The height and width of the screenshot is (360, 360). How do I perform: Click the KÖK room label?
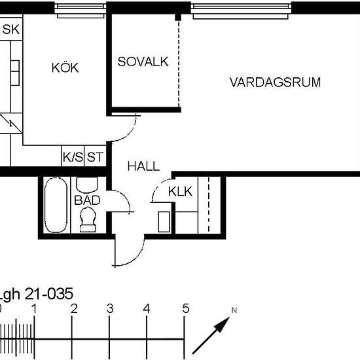pyautogui.click(x=65, y=67)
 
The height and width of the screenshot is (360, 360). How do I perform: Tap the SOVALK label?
pyautogui.click(x=143, y=62)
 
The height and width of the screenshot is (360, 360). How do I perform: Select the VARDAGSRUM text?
pyautogui.click(x=275, y=82)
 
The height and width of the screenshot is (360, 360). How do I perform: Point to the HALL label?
pyautogui.click(x=143, y=167)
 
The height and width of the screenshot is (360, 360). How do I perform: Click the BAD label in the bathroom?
pyautogui.click(x=87, y=200)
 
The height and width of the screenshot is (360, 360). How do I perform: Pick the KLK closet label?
pyautogui.click(x=180, y=192)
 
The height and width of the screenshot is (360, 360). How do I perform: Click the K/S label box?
pyautogui.click(x=73, y=157)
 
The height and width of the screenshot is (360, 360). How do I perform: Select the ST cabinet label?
pyautogui.click(x=96, y=157)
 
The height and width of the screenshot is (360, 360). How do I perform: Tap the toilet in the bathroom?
pyautogui.click(x=87, y=222)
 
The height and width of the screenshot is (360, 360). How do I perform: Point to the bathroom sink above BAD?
pyautogui.click(x=86, y=183)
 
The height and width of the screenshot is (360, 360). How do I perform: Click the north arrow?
pyautogui.click(x=211, y=336)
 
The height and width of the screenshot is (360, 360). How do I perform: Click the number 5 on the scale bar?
pyautogui.click(x=186, y=308)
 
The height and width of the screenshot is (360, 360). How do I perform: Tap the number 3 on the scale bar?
pyautogui.click(x=110, y=308)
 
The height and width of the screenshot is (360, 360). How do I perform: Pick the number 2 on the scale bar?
pyautogui.click(x=74, y=308)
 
